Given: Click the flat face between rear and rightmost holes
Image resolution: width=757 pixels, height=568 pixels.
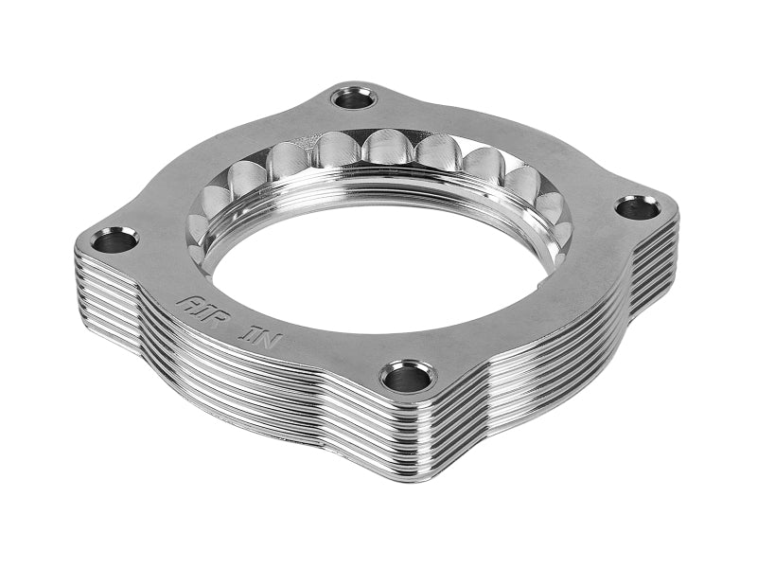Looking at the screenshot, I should (511, 142).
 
